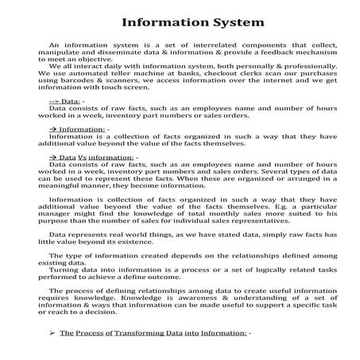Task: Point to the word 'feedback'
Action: click(258, 56)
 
